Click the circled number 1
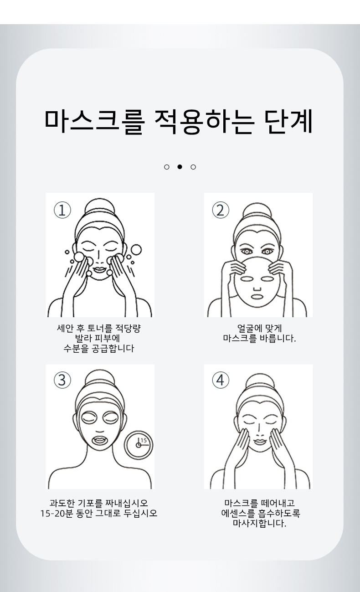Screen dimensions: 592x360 62,210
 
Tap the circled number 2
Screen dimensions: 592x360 221,210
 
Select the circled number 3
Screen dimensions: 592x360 62,380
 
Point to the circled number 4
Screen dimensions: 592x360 221,380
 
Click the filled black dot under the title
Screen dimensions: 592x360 180,167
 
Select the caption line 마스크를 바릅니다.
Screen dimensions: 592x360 259,339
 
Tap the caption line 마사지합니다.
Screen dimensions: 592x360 259,524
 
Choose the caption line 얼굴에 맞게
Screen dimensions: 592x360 259,328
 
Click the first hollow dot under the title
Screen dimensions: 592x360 167,167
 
